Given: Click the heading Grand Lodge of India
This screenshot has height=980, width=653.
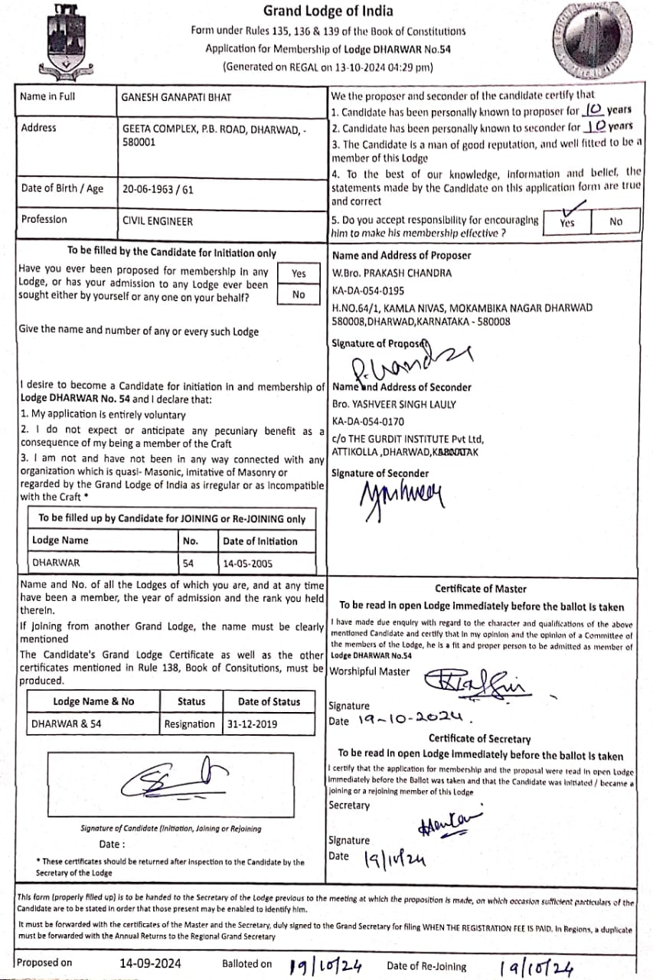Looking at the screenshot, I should click(x=328, y=11).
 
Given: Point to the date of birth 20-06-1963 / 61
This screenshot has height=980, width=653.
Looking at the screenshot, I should click(x=158, y=189).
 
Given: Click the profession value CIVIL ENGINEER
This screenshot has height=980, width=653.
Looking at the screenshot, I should click(x=158, y=221).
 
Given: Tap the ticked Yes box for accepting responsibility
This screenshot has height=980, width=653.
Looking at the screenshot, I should click(x=567, y=221).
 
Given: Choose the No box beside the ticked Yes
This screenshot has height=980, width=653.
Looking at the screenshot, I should click(x=616, y=221).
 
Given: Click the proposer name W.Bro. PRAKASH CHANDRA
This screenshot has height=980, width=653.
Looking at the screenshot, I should click(x=392, y=273).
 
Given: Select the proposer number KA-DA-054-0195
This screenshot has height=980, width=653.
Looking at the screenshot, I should click(x=368, y=290).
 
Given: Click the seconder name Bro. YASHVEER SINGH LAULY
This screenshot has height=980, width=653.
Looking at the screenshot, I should click(x=394, y=404).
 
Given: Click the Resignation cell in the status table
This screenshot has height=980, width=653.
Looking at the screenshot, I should click(x=190, y=724).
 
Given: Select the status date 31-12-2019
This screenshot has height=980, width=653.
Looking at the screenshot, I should click(x=252, y=724).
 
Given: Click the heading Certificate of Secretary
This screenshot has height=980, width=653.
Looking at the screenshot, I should click(x=479, y=739).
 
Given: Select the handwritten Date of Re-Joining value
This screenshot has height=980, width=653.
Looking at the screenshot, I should click(x=536, y=967).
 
